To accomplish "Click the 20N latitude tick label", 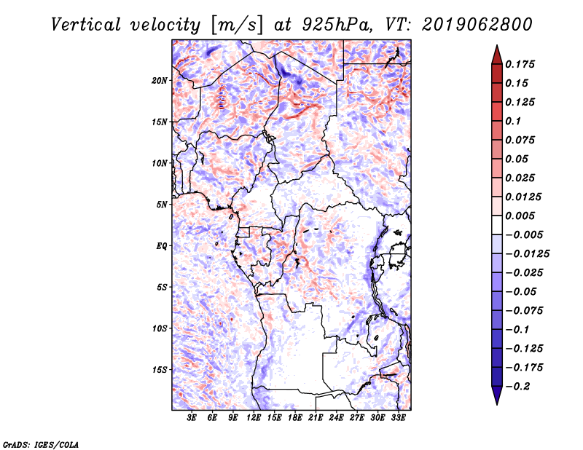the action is point(160,81).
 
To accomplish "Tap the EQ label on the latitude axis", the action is point(162,246).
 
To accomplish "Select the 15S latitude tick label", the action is point(160,370).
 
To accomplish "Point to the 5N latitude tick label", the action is point(162,205).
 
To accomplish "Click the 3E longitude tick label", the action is point(192,418).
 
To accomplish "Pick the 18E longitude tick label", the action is point(295,418).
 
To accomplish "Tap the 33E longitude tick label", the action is point(398,418).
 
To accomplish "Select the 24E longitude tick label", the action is point(336,418).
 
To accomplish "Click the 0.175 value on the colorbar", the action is point(520,65).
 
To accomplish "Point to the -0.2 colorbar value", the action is point(517,387).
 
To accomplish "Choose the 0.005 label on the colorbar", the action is point(520,216).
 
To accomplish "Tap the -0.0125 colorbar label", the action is point(527,254).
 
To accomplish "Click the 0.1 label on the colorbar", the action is point(513,121).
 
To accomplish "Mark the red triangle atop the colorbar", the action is point(497,55).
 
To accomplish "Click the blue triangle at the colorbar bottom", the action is point(497,395).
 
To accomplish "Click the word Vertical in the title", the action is point(86,25).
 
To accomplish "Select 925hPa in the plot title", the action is point(337,25).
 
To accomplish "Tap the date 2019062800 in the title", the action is point(477,25).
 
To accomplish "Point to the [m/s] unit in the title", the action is point(236,25).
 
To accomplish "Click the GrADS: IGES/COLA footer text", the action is point(41,444).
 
